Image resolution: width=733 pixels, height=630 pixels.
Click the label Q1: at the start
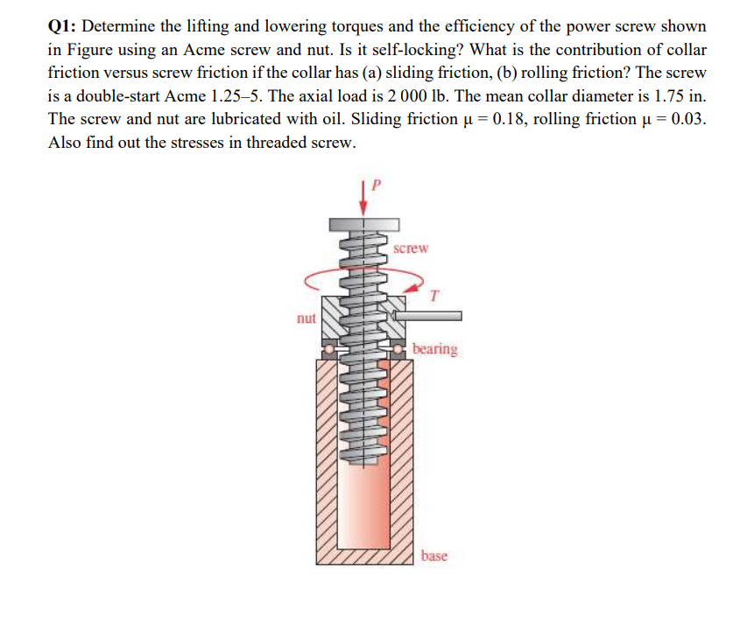(x=63, y=25)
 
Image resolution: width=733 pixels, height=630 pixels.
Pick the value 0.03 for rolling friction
(x=686, y=118)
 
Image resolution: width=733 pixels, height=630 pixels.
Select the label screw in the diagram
(x=411, y=248)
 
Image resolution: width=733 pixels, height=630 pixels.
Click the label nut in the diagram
(x=305, y=318)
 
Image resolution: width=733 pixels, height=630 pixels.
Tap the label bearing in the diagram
(x=434, y=349)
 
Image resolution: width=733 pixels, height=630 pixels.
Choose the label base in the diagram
(x=433, y=556)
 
